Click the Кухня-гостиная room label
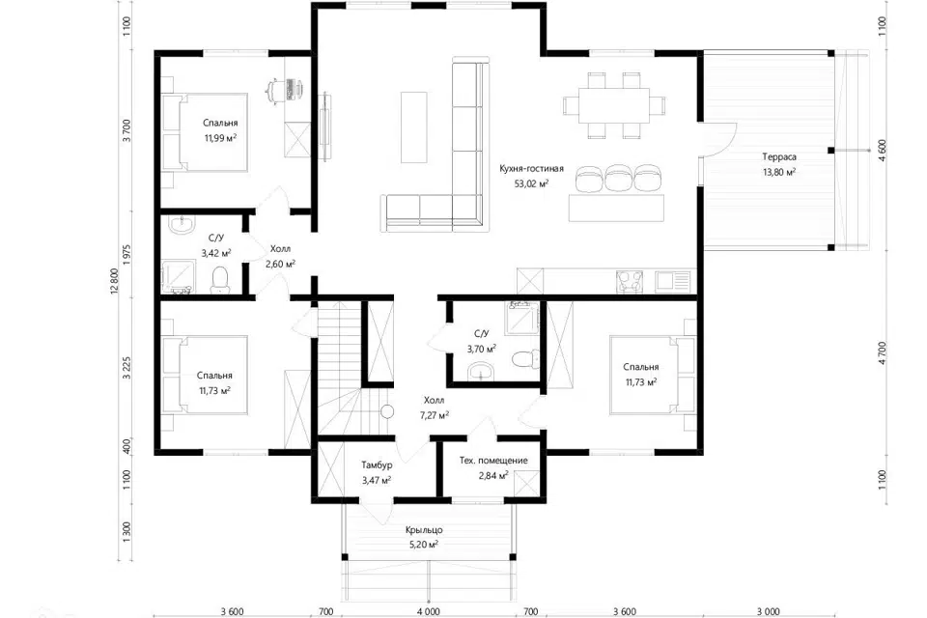pyautogui.click(x=531, y=169)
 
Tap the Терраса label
pyautogui.click(x=778, y=157)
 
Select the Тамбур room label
pyautogui.click(x=377, y=465)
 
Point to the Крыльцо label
pyautogui.click(x=424, y=530)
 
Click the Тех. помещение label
pyautogui.click(x=493, y=460)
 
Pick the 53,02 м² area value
pyautogui.click(x=531, y=183)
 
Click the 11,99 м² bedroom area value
pyautogui.click(x=220, y=138)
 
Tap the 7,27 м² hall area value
pyautogui.click(x=434, y=415)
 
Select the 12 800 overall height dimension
pyautogui.click(x=114, y=281)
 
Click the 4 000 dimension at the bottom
pyautogui.click(x=428, y=611)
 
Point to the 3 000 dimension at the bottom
pyautogui.click(x=768, y=611)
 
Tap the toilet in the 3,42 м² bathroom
pyautogui.click(x=220, y=279)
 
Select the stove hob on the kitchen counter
pyautogui.click(x=631, y=282)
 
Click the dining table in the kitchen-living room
pyautogui.click(x=614, y=105)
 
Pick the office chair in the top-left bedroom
pyautogui.click(x=273, y=90)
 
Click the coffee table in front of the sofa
pyautogui.click(x=414, y=127)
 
